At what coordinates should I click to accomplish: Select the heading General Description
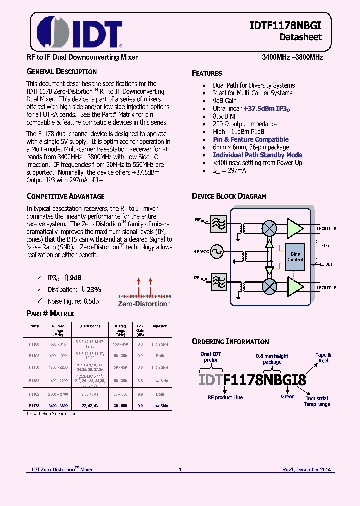tap(61, 71)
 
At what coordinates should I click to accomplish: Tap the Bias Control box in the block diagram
tap(295, 257)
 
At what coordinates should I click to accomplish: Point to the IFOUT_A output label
tap(326, 228)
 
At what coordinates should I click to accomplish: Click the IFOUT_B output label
tap(326, 287)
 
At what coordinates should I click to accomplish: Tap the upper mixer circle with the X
tap(269, 228)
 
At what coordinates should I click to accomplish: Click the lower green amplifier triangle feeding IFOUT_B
tap(295, 285)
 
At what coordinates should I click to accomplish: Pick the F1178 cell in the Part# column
tap(34, 405)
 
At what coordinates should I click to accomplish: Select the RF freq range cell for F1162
tap(58, 394)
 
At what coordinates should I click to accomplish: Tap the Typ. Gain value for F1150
tap(140, 367)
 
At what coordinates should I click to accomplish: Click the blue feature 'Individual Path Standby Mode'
tap(257, 155)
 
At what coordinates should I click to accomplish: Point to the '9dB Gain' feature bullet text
tap(225, 101)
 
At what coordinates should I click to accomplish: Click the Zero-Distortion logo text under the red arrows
tap(143, 303)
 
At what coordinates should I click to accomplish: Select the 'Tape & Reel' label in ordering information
tap(323, 357)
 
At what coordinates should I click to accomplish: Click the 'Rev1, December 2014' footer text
tap(306, 469)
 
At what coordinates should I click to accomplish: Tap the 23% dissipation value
tap(93, 289)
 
